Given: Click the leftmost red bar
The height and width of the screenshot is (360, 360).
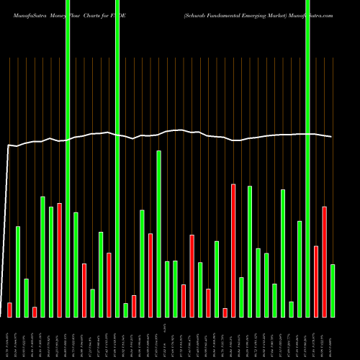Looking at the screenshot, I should pyautogui.click(x=9, y=310).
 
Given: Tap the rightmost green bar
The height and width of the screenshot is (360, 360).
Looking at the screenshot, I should pyautogui.click(x=333, y=290).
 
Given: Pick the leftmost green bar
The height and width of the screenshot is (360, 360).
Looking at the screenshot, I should pyautogui.click(x=18, y=271).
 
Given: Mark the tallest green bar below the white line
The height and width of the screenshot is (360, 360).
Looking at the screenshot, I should pyautogui.click(x=158, y=233).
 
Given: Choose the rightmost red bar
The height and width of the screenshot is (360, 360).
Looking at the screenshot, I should pyautogui.click(x=324, y=261).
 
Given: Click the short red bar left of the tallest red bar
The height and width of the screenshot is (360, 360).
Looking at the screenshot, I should pyautogui.click(x=225, y=312).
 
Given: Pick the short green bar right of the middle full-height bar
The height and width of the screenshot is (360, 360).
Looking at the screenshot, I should pyautogui.click(x=125, y=310).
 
